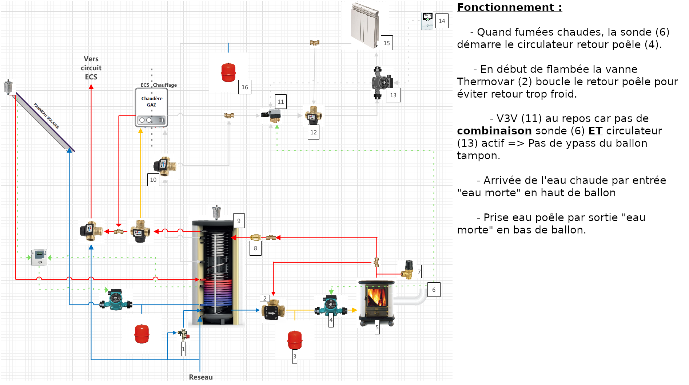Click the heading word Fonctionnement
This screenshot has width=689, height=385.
[505, 7]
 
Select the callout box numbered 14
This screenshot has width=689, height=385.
[442, 21]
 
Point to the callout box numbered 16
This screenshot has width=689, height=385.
[245, 87]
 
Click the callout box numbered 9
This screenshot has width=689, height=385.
[239, 221]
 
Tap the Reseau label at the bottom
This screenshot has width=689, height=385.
[200, 377]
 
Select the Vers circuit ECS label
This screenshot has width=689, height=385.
[91, 68]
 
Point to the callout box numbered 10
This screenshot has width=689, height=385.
[153, 180]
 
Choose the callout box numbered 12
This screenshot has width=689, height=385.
[314, 132]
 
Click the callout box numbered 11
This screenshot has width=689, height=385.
[280, 102]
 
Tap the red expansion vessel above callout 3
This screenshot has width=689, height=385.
[295, 339]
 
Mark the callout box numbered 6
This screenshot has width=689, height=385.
[434, 290]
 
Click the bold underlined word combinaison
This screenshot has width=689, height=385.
[494, 131]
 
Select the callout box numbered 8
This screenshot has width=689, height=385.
[255, 248]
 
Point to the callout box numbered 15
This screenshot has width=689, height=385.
[387, 43]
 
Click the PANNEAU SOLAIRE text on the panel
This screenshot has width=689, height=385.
[46, 116]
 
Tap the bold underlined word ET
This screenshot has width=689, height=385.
[595, 131]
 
